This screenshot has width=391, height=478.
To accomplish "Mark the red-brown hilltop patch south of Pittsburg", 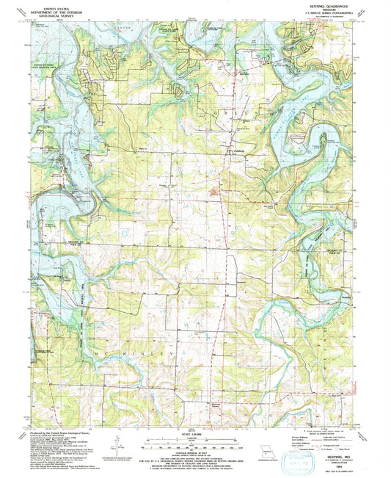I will (214, 193).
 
